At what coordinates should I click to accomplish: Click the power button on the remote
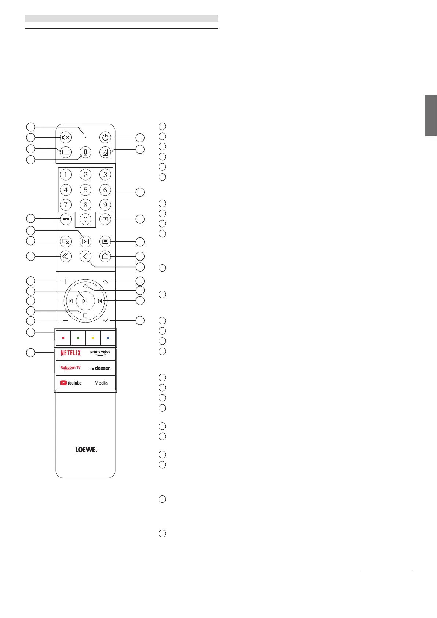pos(105,138)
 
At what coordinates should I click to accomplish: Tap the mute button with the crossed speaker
pos(66,138)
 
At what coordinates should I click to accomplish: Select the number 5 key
pos(85,190)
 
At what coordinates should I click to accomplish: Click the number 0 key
pos(85,219)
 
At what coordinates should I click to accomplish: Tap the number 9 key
pos(105,205)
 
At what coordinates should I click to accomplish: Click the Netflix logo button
pos(70,353)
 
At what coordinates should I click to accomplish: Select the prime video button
pos(100,353)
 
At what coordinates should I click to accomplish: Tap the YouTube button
pos(70,383)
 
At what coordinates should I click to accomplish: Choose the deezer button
pos(100,368)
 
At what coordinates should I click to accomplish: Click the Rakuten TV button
pos(70,368)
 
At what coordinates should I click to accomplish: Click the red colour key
pos(63,338)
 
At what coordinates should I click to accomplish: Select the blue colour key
pos(108,338)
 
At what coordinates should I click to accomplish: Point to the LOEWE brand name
pos(86,450)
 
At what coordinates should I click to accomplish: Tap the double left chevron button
pos(66,257)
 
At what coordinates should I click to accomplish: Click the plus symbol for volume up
pos(66,281)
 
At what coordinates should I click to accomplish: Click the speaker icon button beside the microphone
pos(105,152)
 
